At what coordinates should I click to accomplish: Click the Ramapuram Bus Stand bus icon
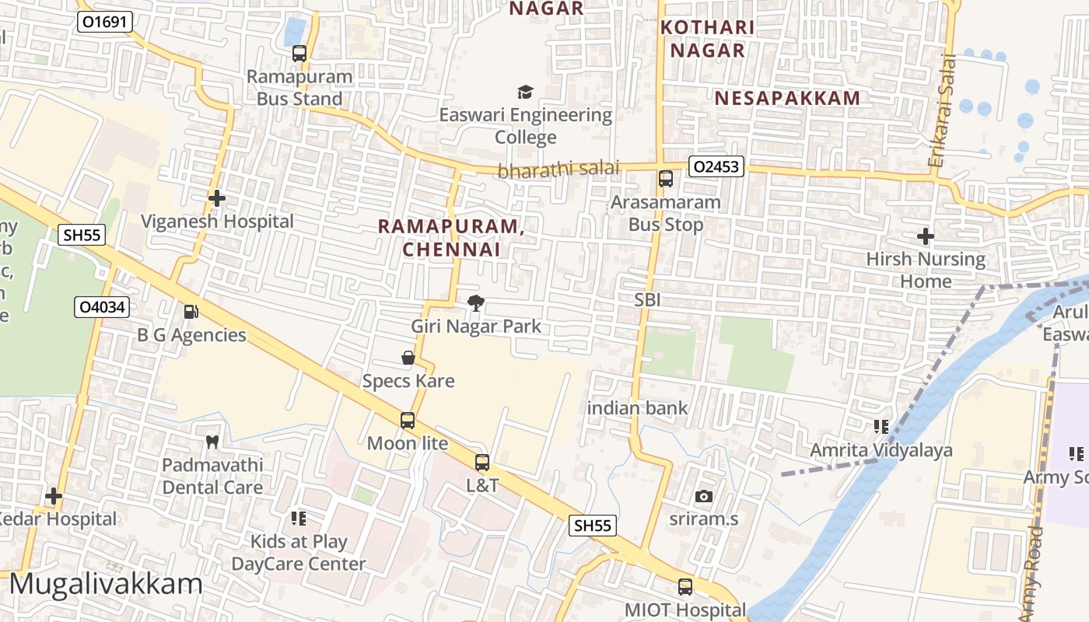click(299, 54)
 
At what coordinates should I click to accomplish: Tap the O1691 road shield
click(103, 23)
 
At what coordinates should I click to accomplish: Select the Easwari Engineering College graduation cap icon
click(526, 92)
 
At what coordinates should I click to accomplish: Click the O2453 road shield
click(716, 166)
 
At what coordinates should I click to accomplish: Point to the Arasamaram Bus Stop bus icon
click(666, 179)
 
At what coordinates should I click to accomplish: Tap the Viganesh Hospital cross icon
click(217, 198)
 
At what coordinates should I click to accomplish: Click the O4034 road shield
click(102, 307)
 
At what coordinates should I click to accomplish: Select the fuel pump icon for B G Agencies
click(191, 312)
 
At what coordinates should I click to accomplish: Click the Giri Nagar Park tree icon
click(475, 303)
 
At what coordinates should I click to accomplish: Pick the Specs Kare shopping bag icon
click(408, 358)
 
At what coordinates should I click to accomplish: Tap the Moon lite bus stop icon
click(408, 421)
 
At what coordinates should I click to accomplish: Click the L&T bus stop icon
click(482, 463)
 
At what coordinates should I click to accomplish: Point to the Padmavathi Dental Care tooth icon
click(212, 442)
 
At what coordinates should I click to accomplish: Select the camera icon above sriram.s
click(704, 495)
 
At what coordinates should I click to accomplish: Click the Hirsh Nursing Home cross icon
click(926, 236)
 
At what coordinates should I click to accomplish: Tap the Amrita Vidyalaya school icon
click(881, 427)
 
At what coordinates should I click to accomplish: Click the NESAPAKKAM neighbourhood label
click(787, 98)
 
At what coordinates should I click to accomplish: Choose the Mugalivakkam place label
click(106, 584)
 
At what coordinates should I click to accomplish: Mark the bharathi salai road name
click(559, 169)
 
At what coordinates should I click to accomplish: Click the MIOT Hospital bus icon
click(685, 587)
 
